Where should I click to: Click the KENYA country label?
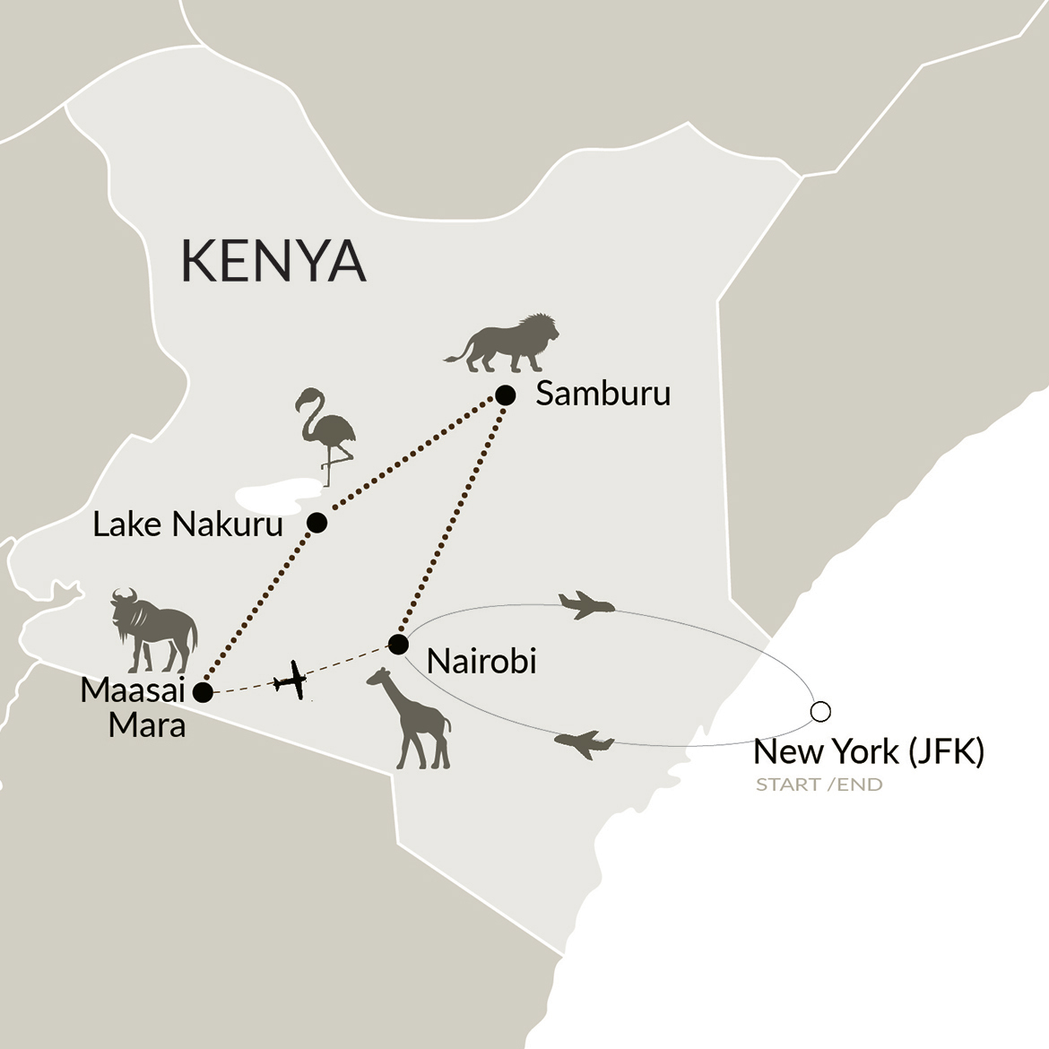[273, 261]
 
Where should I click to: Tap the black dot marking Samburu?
[506, 395]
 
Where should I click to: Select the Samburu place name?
[603, 394]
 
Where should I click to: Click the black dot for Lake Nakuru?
[316, 523]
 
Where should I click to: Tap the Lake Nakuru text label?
[188, 524]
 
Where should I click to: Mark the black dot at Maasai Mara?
[204, 692]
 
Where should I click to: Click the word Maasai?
[133, 691]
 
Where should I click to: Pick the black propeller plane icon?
[291, 681]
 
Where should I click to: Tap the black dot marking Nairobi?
[398, 645]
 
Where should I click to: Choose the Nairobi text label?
[481, 662]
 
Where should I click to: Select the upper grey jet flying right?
[586, 604]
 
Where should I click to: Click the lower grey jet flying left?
[584, 743]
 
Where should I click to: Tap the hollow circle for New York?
[819, 712]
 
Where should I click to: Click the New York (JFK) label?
[869, 751]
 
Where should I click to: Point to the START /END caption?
[819, 785]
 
